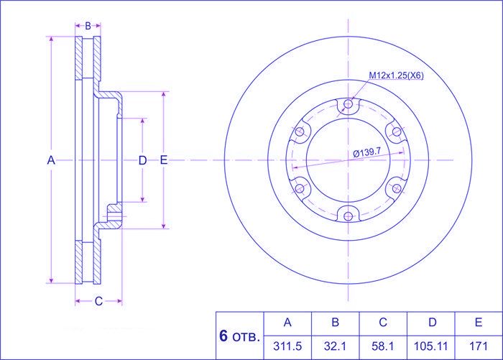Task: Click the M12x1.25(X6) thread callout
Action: pyautogui.click(x=396, y=75)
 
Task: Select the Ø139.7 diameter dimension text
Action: pyautogui.click(x=366, y=152)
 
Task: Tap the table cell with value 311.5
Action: pyautogui.click(x=287, y=346)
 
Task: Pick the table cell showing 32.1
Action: pyautogui.click(x=335, y=346)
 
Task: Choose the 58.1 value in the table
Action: pyautogui.click(x=383, y=346)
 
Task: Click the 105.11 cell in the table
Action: pyautogui.click(x=430, y=346)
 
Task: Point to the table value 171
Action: pyautogui.click(x=479, y=346)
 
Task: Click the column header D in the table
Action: pyautogui.click(x=433, y=322)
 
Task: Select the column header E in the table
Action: pyautogui.click(x=479, y=322)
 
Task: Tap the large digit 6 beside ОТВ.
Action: pyautogui.click(x=223, y=336)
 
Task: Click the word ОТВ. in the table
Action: pyautogui.click(x=246, y=338)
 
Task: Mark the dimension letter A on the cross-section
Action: pyautogui.click(x=51, y=160)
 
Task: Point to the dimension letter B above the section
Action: pyautogui.click(x=88, y=26)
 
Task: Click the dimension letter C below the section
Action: pyautogui.click(x=98, y=301)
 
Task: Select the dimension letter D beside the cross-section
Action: pyautogui.click(x=142, y=160)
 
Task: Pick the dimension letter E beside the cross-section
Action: pyautogui.click(x=164, y=160)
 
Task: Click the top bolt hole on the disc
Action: pyautogui.click(x=348, y=103)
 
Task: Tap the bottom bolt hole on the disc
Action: pyautogui.click(x=348, y=216)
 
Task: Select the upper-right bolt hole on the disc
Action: pyautogui.click(x=397, y=131)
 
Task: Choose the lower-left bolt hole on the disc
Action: pyautogui.click(x=300, y=188)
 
